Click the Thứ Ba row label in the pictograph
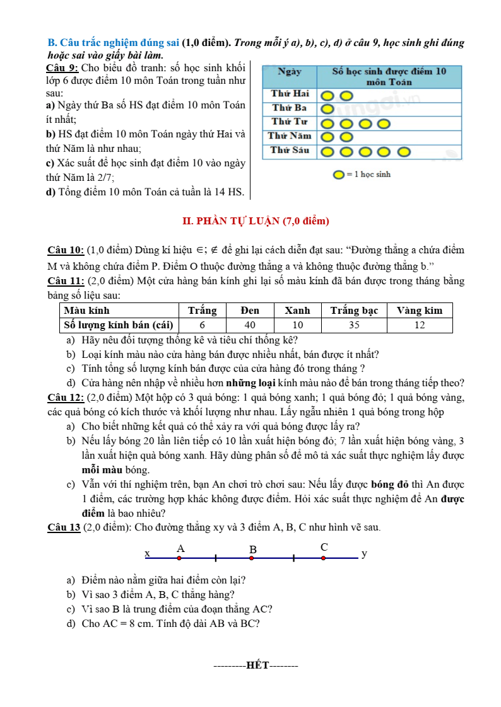pyautogui.click(x=290, y=108)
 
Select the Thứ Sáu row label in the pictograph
pyautogui.click(x=290, y=150)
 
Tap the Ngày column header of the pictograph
pyautogui.click(x=290, y=72)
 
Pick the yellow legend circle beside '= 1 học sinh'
pyautogui.click(x=339, y=175)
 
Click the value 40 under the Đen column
pyautogui.click(x=250, y=325)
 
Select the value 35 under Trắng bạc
pyautogui.click(x=353, y=325)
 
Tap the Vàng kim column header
pyautogui.click(x=420, y=310)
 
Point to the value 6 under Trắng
pyautogui.click(x=202, y=325)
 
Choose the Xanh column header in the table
pyautogui.click(x=297, y=310)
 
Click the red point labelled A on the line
pyautogui.click(x=179, y=558)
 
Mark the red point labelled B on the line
pyautogui.click(x=251, y=558)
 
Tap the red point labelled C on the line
pyautogui.click(x=323, y=558)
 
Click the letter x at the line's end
pyautogui.click(x=148, y=553)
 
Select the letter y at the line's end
pyautogui.click(x=364, y=554)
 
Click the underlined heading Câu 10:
pyautogui.click(x=66, y=250)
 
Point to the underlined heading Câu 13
pyautogui.click(x=64, y=527)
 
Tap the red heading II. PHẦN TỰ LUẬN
pyautogui.click(x=256, y=221)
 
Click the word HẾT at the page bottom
pyautogui.click(x=257, y=665)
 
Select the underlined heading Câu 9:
pyautogui.click(x=63, y=67)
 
